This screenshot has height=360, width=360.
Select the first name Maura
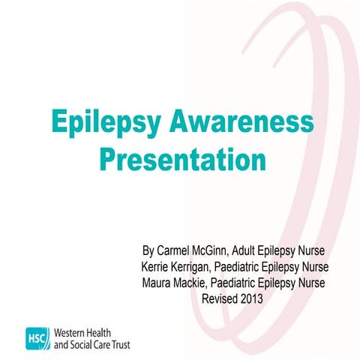point(156,282)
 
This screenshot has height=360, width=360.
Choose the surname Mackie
point(193,282)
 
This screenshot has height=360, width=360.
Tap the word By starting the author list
point(147,250)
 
